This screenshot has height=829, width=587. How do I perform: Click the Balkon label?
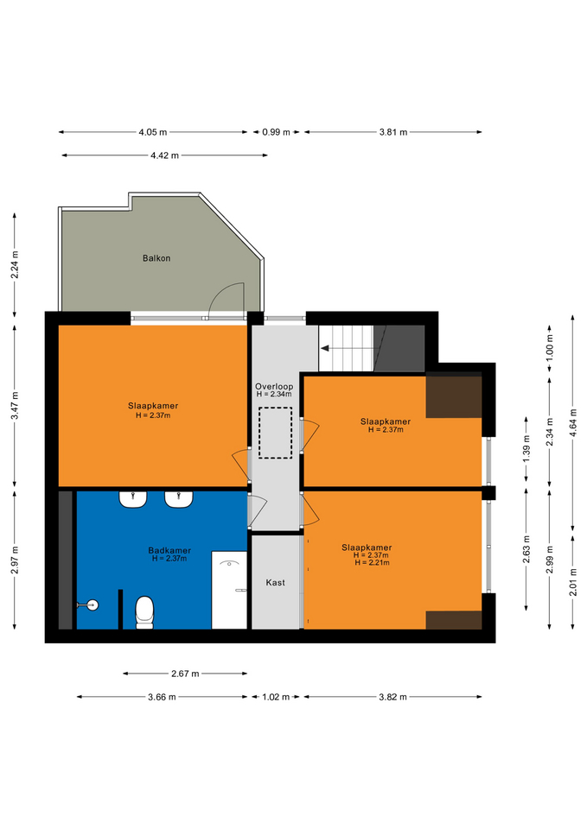click(156, 258)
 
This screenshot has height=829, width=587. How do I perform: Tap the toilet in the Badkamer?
click(144, 612)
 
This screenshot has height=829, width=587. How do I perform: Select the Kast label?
click(275, 582)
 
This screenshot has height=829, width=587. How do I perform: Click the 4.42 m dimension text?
click(164, 155)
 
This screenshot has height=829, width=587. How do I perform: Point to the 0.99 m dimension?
click(276, 132)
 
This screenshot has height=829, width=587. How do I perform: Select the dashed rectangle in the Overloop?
click(275, 433)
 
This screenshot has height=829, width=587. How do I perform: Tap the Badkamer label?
click(169, 550)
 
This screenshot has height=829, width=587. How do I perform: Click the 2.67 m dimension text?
click(185, 674)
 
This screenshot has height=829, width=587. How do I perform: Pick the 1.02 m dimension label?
click(276, 697)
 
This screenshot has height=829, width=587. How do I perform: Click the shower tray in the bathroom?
click(229, 590)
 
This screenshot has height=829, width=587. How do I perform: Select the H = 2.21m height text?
click(372, 562)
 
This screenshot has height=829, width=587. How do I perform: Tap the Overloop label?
click(274, 387)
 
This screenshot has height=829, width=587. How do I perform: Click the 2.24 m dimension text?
click(15, 264)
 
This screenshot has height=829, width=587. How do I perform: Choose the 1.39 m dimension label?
click(526, 449)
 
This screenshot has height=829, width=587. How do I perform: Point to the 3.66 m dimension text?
click(162, 697)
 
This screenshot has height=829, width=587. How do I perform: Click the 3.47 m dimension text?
click(15, 406)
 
